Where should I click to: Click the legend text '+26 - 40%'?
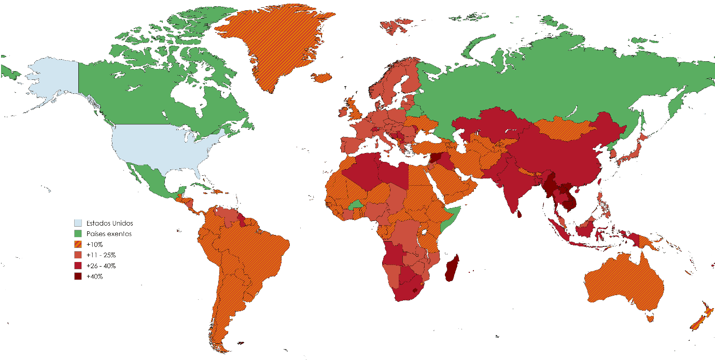(x=101, y=266)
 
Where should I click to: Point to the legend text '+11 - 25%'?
(x=101, y=255)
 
